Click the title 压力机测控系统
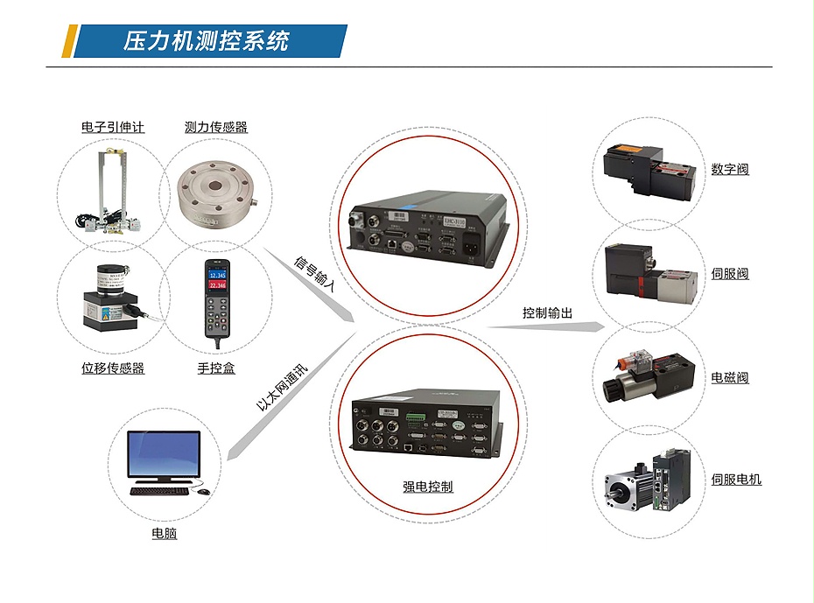(206, 41)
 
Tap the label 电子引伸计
(113, 127)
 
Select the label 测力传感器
(216, 127)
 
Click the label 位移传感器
(113, 368)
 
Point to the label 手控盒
(216, 368)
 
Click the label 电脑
(164, 533)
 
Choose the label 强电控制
(427, 487)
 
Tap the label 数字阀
(730, 169)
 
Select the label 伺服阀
(730, 274)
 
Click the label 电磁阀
(730, 378)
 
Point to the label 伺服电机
(736, 480)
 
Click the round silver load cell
(215, 196)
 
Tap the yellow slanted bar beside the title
(69, 41)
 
